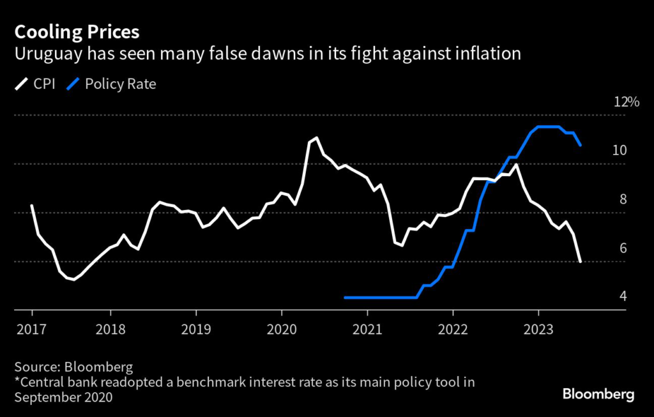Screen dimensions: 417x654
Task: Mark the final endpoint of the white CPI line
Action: click(x=580, y=261)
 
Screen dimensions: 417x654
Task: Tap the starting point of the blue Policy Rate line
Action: click(x=345, y=298)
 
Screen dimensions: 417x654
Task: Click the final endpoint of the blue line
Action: click(x=580, y=145)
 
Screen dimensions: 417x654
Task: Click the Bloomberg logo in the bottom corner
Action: click(x=598, y=394)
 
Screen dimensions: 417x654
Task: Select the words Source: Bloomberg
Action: click(x=73, y=367)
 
